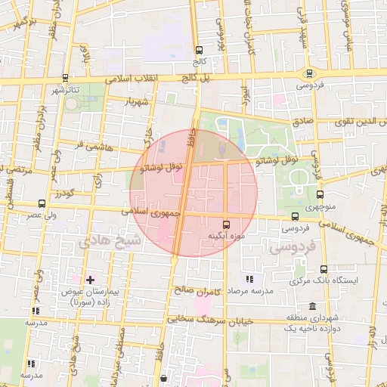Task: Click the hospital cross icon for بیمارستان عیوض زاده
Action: click(x=90, y=280)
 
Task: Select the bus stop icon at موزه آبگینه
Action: click(x=227, y=224)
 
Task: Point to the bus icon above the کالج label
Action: click(x=199, y=48)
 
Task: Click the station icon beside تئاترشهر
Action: click(x=65, y=78)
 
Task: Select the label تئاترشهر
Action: click(x=65, y=90)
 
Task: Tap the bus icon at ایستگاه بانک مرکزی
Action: click(x=324, y=269)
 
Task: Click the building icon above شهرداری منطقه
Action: click(x=291, y=317)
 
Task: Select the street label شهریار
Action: click(x=141, y=101)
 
